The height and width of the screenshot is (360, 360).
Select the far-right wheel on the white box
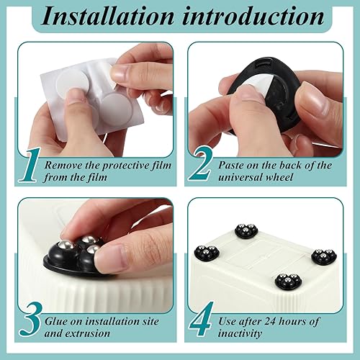coord(323,256)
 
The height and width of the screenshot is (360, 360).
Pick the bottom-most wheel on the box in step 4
coord(287,281)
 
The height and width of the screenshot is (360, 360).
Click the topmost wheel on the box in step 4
coord(247,231)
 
